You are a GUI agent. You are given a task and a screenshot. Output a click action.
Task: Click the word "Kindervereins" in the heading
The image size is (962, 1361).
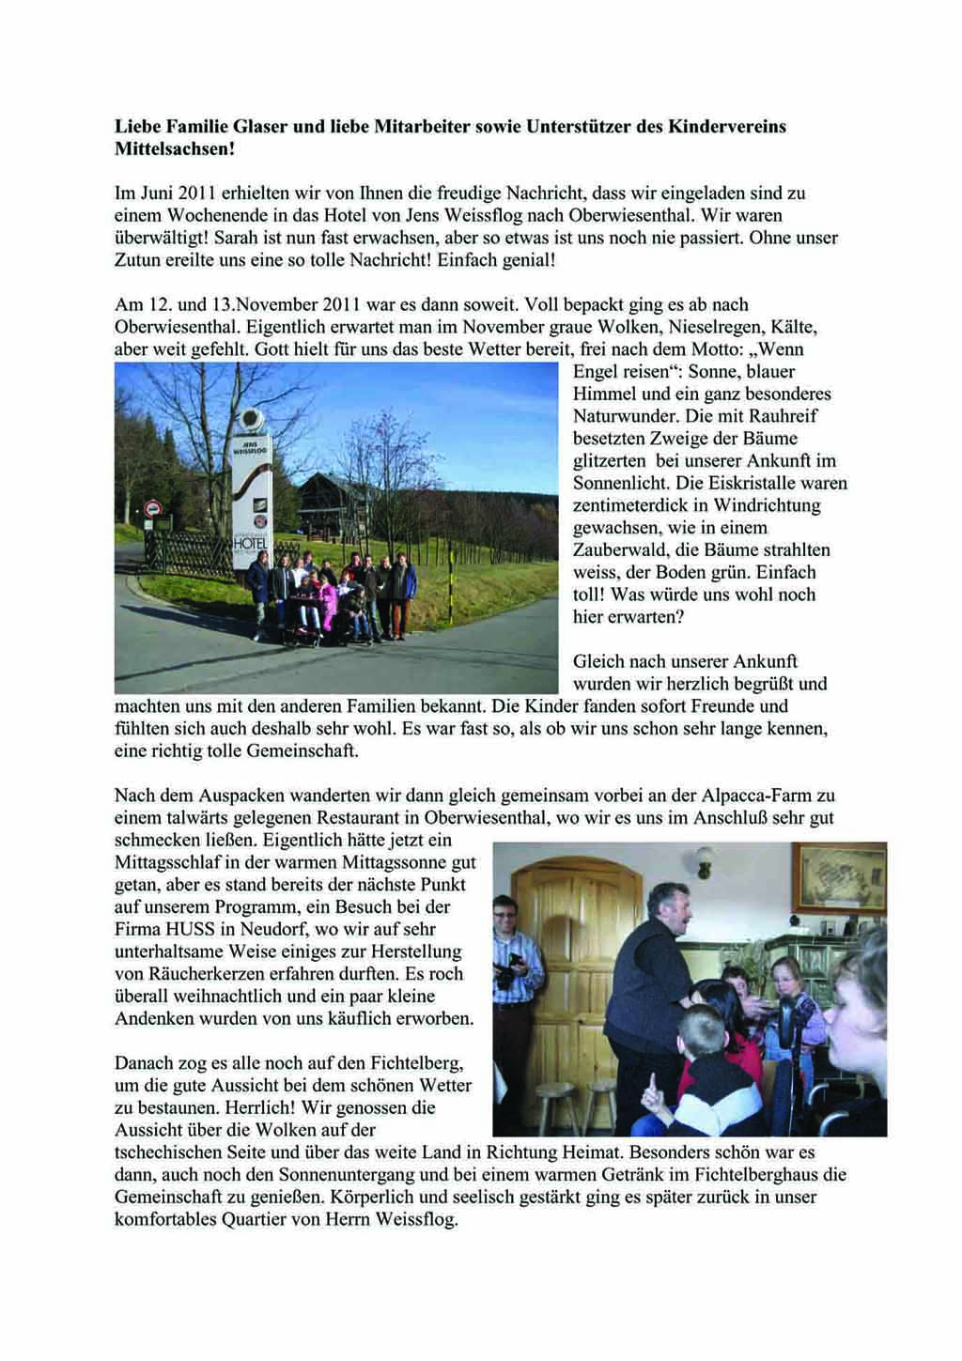tap(726, 126)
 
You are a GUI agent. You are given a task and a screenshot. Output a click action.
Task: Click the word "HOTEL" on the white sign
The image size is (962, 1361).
tap(252, 546)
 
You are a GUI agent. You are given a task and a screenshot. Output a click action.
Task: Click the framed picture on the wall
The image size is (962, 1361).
tap(840, 877)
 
